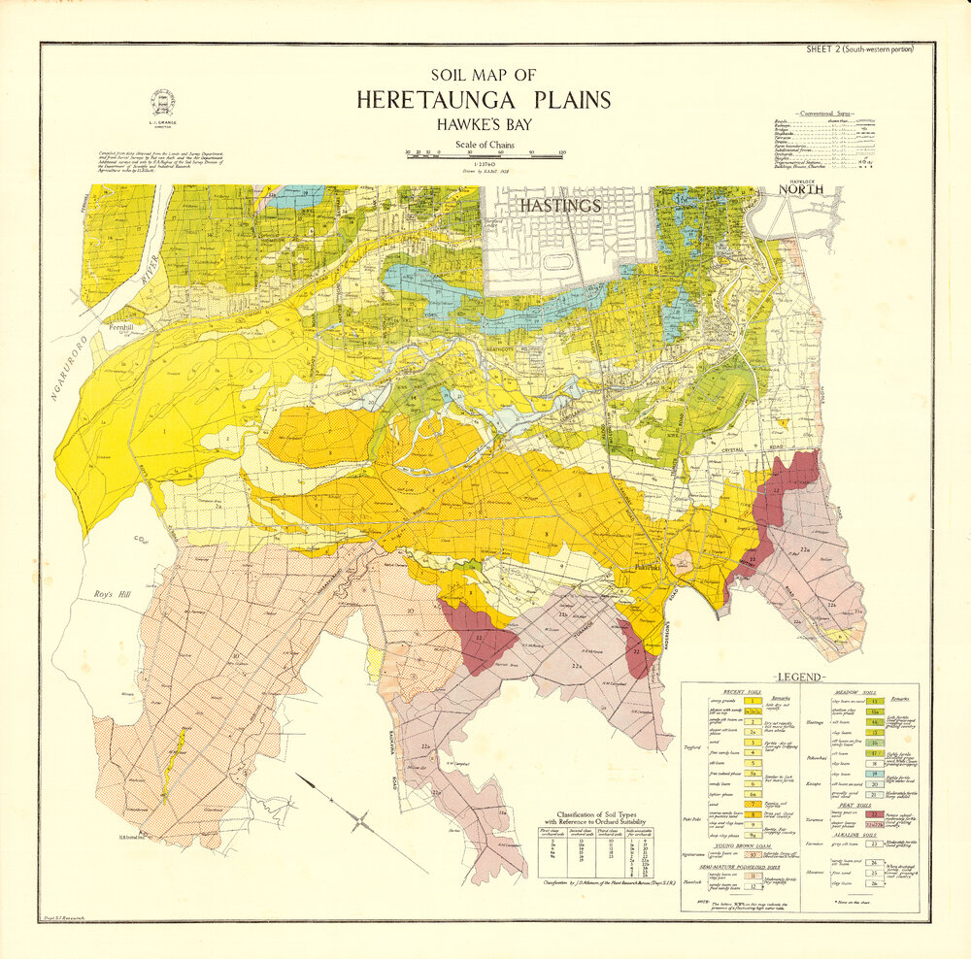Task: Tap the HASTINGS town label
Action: [x=560, y=206]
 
